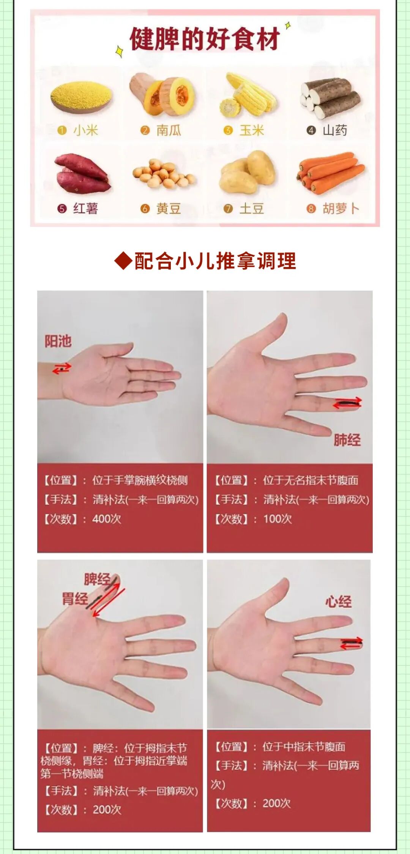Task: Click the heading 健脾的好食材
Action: [x=205, y=39]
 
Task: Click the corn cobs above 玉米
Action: [x=247, y=95]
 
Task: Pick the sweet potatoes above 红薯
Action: [x=82, y=174]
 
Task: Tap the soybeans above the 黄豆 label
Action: [x=164, y=174]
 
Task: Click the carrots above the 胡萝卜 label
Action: [x=330, y=172]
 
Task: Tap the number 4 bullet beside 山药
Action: [x=311, y=131]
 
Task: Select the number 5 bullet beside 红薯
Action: [x=62, y=209]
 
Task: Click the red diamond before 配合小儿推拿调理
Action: [x=123, y=261]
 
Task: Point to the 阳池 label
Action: [x=58, y=341]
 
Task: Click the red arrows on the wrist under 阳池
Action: [x=61, y=368]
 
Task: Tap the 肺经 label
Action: [x=347, y=440]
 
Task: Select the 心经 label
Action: [x=338, y=602]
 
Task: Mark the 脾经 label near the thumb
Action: [x=97, y=579]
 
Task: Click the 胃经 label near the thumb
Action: [x=75, y=598]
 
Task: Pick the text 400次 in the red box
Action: [x=107, y=519]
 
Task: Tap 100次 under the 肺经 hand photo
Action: [x=278, y=519]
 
